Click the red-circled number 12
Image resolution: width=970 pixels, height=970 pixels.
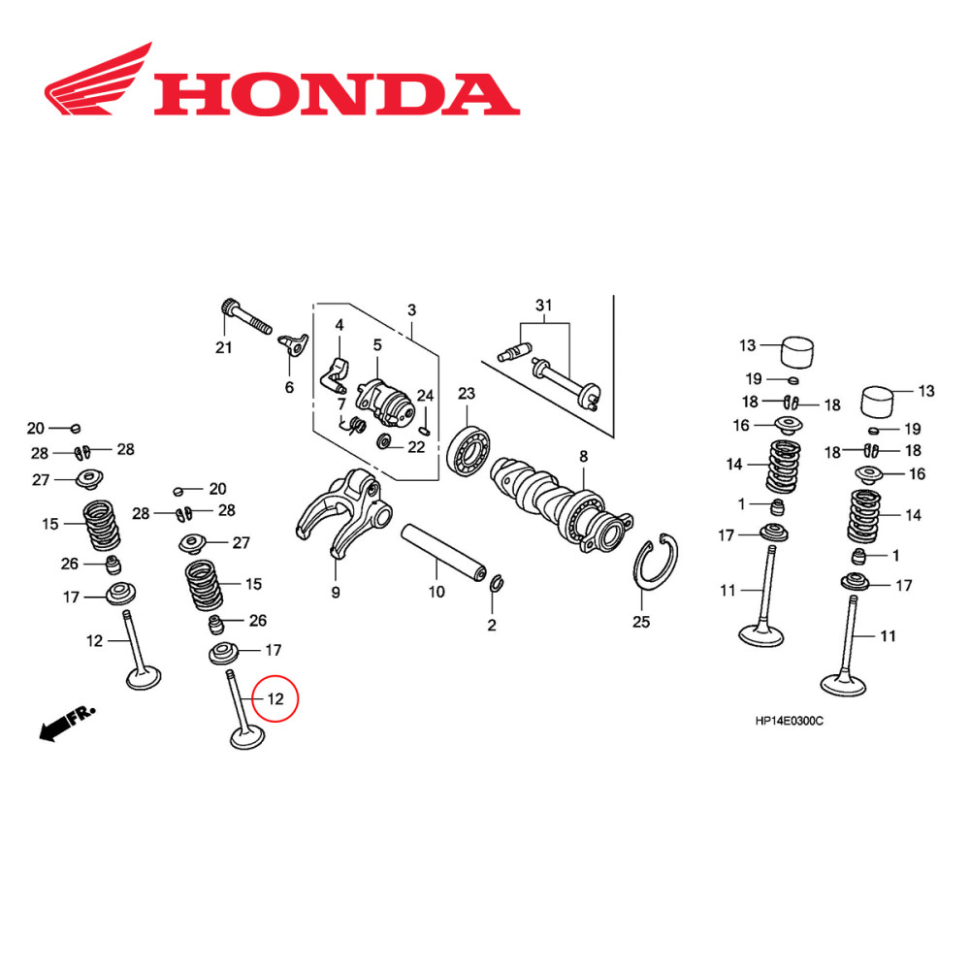[x=276, y=698]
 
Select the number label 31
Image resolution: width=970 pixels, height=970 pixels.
[x=543, y=307]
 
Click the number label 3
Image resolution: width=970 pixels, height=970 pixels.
[x=411, y=309]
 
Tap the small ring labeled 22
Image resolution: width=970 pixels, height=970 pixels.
[x=385, y=443]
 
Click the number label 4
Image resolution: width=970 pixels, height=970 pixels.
[x=339, y=325]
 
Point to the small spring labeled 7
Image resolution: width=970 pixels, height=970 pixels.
[x=355, y=424]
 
